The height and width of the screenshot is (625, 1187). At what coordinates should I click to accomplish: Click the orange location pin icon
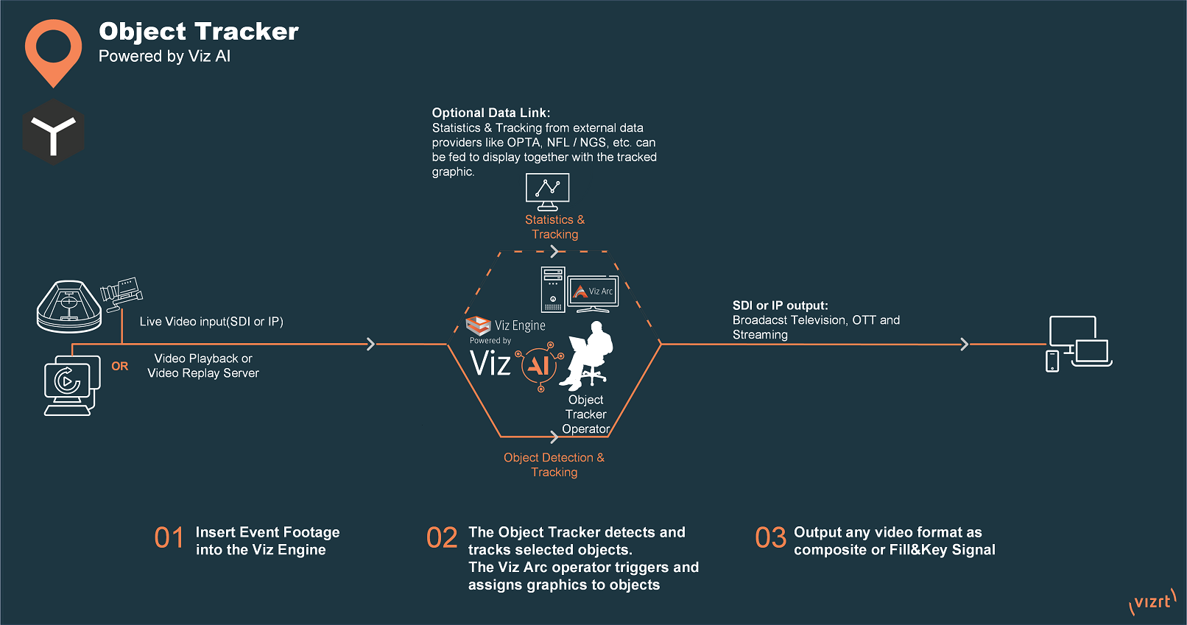coord(53,50)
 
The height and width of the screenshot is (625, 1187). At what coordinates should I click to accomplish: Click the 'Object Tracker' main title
coord(199,31)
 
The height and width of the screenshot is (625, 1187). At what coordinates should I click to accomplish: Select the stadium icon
coord(69,306)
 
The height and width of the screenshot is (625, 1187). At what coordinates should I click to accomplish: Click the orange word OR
coord(119,366)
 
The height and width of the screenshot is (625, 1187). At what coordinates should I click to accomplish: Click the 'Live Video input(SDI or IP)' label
coord(211,322)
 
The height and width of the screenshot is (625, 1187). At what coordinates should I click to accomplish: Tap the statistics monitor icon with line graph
coord(547,191)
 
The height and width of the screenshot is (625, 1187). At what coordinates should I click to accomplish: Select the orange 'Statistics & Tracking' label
coord(554,227)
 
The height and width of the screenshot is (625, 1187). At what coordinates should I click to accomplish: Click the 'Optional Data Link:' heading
coord(490,113)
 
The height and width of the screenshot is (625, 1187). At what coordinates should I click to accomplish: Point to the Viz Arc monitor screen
coord(593,292)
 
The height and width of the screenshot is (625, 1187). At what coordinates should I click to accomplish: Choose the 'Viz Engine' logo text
coord(520,325)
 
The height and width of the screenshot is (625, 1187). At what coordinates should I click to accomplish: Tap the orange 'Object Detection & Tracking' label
coord(554,465)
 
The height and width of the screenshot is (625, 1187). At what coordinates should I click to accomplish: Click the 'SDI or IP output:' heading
coord(780,306)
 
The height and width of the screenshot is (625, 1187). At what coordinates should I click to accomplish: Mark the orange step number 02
coord(442,538)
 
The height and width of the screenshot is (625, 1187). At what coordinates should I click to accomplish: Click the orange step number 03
coord(770,538)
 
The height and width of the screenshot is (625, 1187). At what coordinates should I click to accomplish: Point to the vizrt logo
coord(1152,601)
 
